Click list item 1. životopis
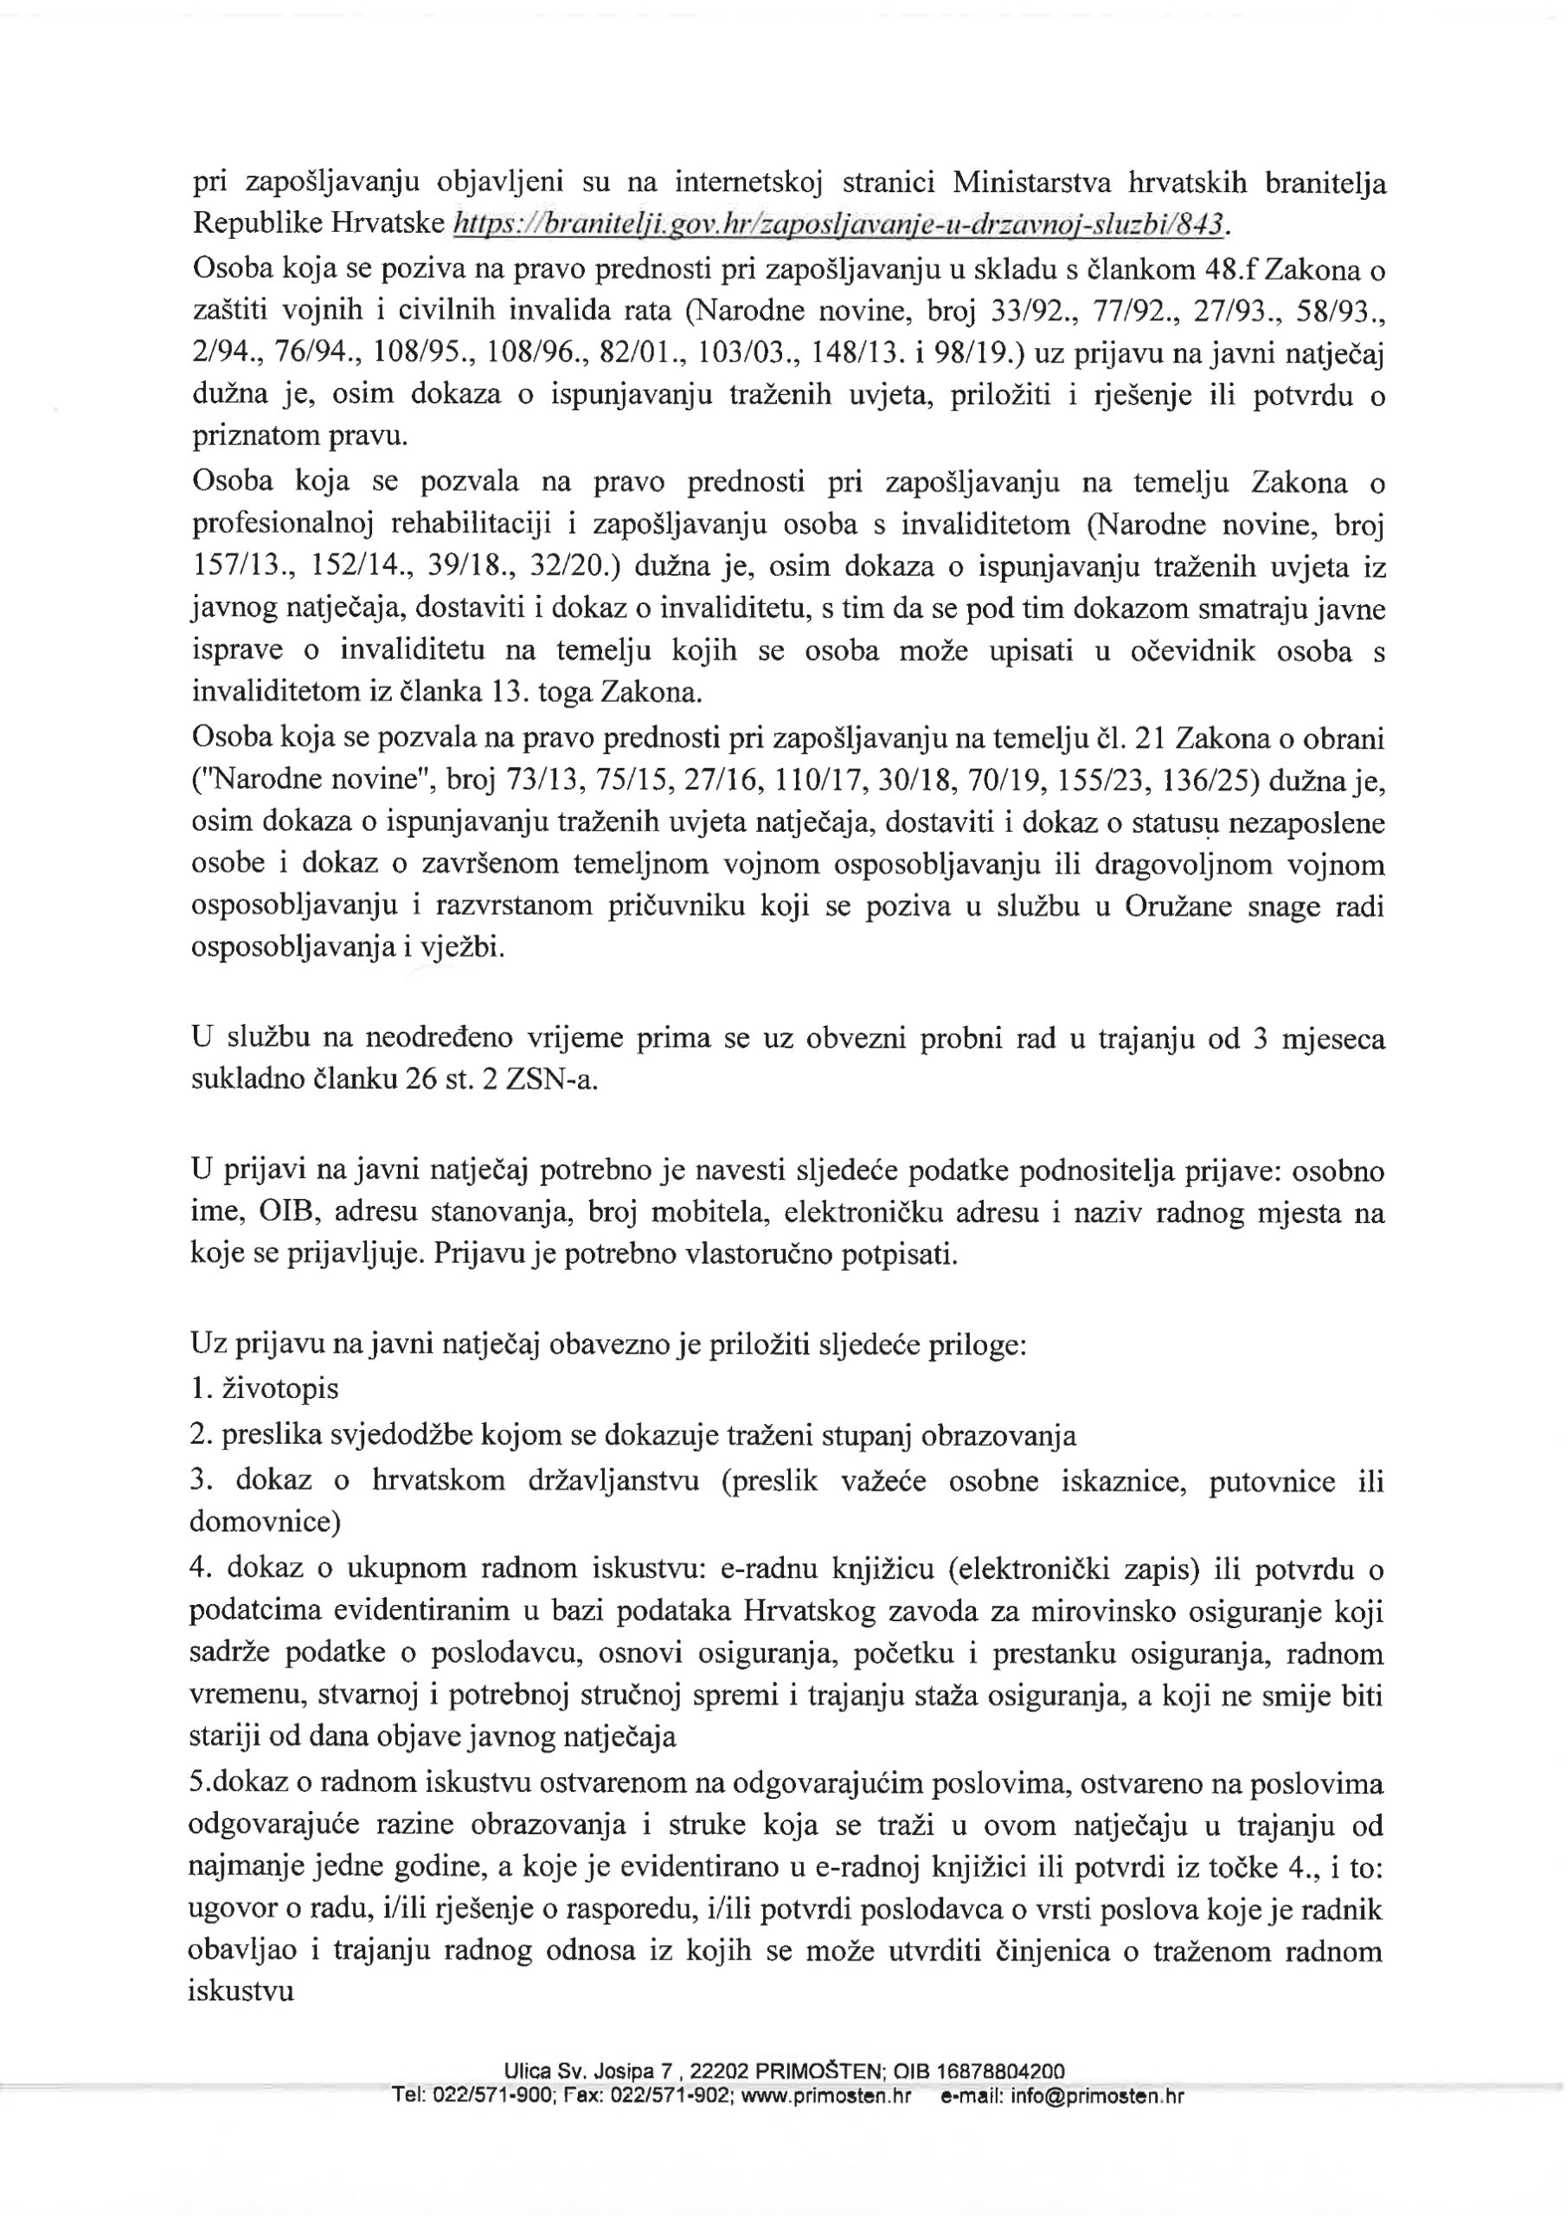pyautogui.click(x=266, y=1388)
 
